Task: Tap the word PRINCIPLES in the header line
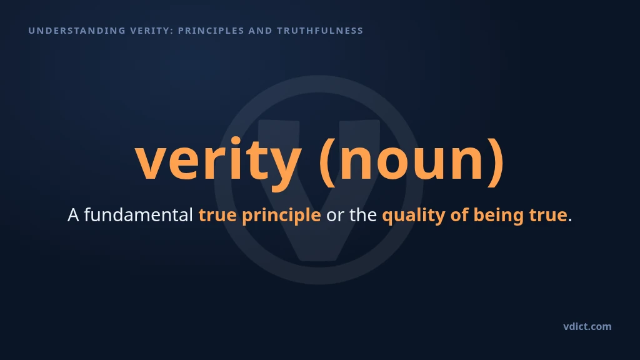click(211, 31)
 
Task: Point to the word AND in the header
click(261, 31)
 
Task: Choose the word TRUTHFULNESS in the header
click(320, 31)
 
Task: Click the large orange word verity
click(218, 161)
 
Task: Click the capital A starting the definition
click(73, 215)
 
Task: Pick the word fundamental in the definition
click(138, 215)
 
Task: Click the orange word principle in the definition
click(281, 216)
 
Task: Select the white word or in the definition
click(335, 216)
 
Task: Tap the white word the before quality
click(363, 215)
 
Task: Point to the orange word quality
click(414, 216)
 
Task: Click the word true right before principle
click(217, 215)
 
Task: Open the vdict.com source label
click(587, 326)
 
